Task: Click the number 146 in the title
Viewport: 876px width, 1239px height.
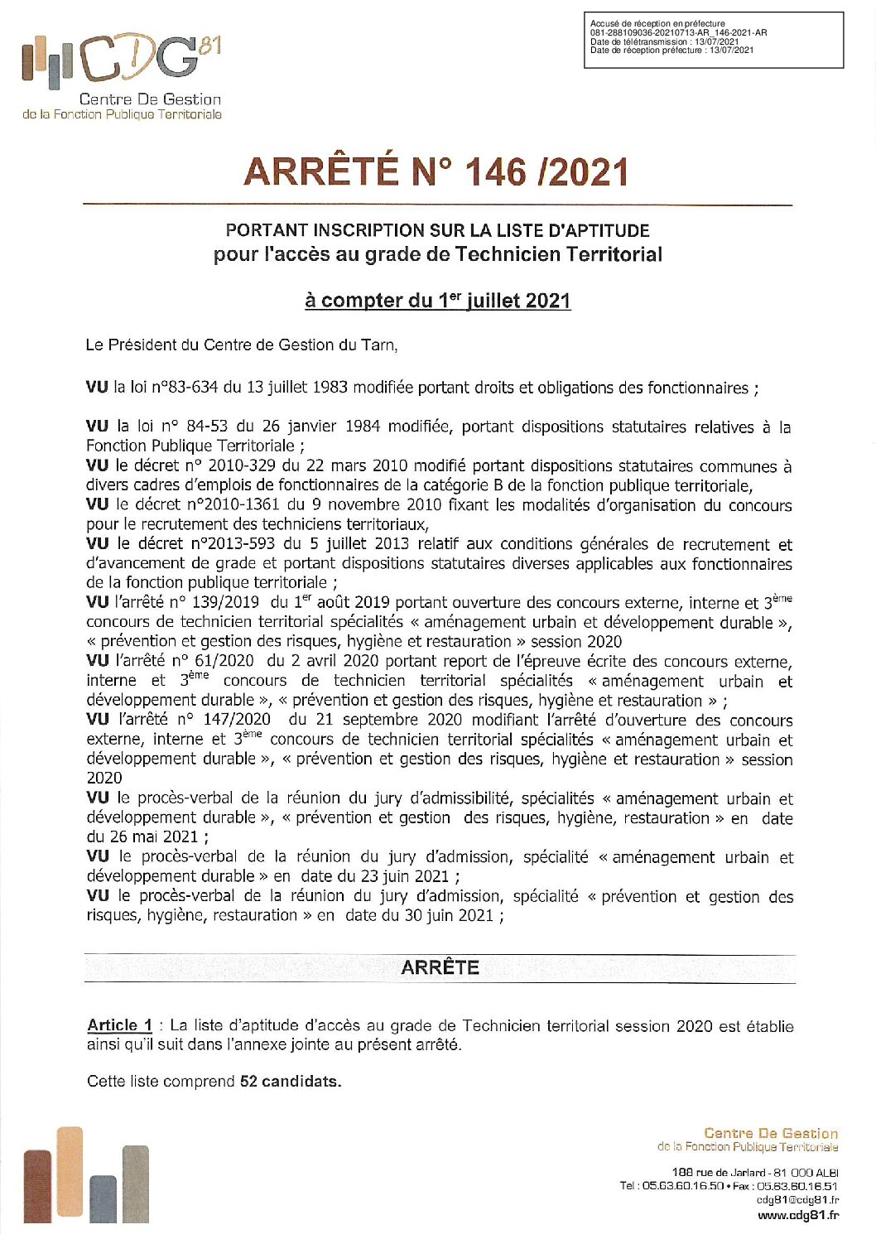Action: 494,172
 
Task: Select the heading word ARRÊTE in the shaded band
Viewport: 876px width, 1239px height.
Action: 440,967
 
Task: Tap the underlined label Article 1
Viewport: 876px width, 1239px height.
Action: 120,1025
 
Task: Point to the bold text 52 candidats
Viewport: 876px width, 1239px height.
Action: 290,1081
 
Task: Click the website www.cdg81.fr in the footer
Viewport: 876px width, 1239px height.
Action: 797,1215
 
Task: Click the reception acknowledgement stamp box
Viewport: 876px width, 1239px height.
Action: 713,39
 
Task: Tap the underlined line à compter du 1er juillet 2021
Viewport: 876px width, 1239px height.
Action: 437,300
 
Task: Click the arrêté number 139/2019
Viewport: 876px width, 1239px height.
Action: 224,602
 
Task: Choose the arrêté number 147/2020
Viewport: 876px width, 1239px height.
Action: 236,720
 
